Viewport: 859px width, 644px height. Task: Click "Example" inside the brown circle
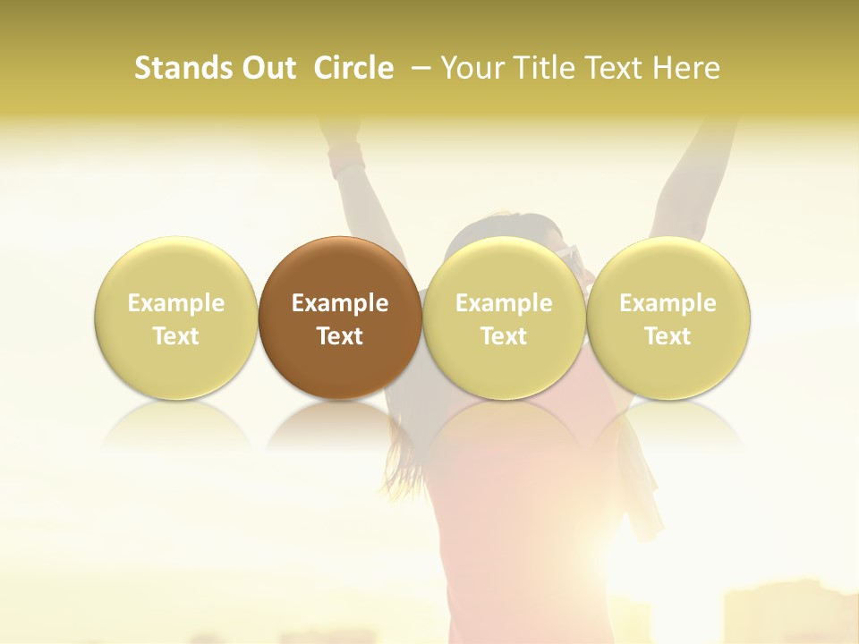pos(340,303)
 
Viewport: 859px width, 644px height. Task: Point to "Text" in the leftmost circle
pos(176,336)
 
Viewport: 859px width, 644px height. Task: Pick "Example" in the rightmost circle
pos(668,303)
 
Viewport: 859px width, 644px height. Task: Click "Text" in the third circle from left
pos(504,336)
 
